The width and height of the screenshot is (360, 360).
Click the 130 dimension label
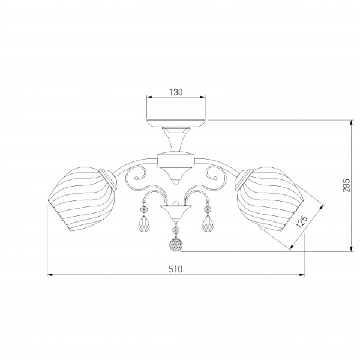tap(176, 92)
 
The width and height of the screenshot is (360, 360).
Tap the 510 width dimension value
tap(176, 269)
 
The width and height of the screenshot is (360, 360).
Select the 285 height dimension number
tap(347, 185)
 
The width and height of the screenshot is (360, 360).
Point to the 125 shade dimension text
tap(301, 221)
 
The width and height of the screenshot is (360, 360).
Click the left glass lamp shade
tap(82, 199)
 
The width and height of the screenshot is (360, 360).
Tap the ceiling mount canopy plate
tap(176, 123)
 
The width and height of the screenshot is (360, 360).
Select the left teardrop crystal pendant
tap(144, 223)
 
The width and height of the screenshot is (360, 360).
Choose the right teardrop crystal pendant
tap(208, 223)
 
